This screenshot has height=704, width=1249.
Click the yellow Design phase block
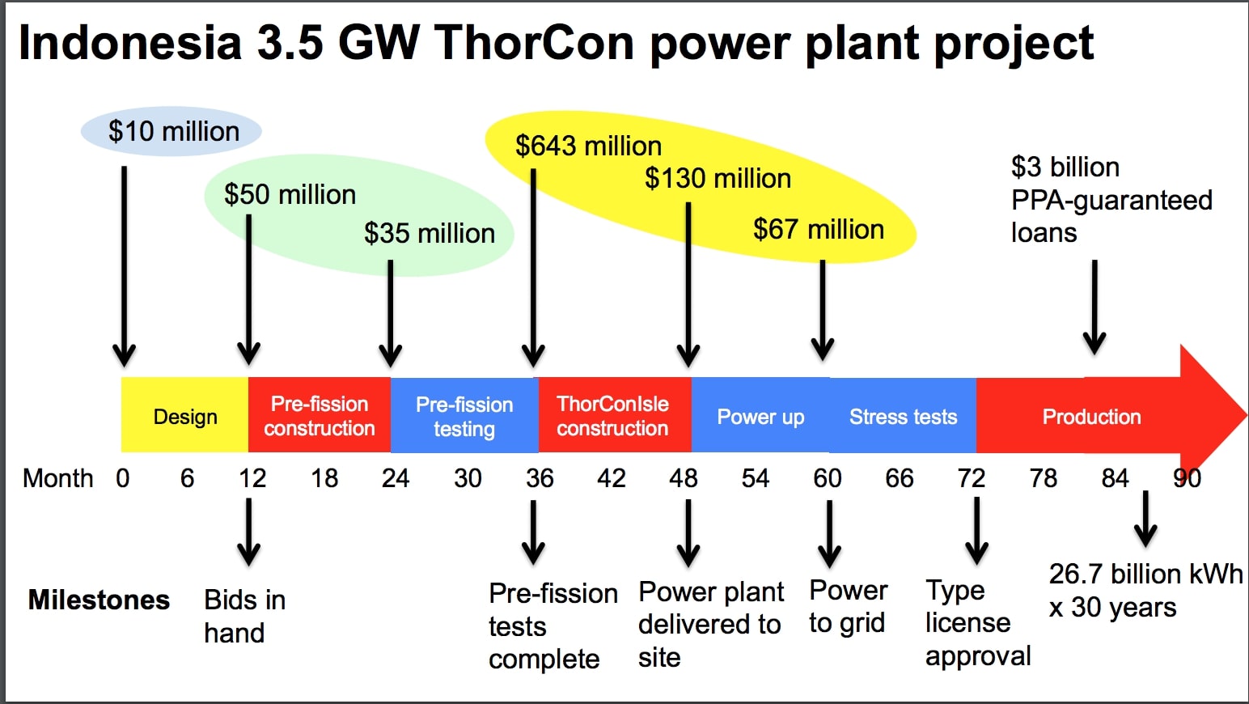click(x=185, y=416)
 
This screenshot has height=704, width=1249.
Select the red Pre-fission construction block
click(x=320, y=416)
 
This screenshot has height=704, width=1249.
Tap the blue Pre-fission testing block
click(x=464, y=416)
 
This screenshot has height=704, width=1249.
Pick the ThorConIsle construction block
click(x=613, y=416)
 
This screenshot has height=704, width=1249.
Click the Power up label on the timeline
click(x=760, y=417)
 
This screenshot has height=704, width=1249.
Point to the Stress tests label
click(x=903, y=417)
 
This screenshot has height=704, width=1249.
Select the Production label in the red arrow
click(x=1091, y=417)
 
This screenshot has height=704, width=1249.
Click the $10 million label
click(x=173, y=131)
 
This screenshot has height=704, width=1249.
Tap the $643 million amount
click(x=588, y=146)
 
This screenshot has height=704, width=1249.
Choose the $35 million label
click(x=429, y=233)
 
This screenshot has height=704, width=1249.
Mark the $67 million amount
click(x=818, y=229)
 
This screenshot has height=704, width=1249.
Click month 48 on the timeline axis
click(x=684, y=478)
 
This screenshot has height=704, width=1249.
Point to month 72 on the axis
click(x=971, y=478)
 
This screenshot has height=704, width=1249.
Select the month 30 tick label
click(x=468, y=478)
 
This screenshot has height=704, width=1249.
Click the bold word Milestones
click(x=99, y=600)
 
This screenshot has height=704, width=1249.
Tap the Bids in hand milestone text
click(x=244, y=616)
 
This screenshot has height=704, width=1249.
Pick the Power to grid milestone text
click(x=848, y=607)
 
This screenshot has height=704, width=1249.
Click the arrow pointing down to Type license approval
click(x=976, y=531)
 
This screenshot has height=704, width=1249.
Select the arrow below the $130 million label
click(x=688, y=283)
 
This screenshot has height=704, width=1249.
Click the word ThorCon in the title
click(x=534, y=42)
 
